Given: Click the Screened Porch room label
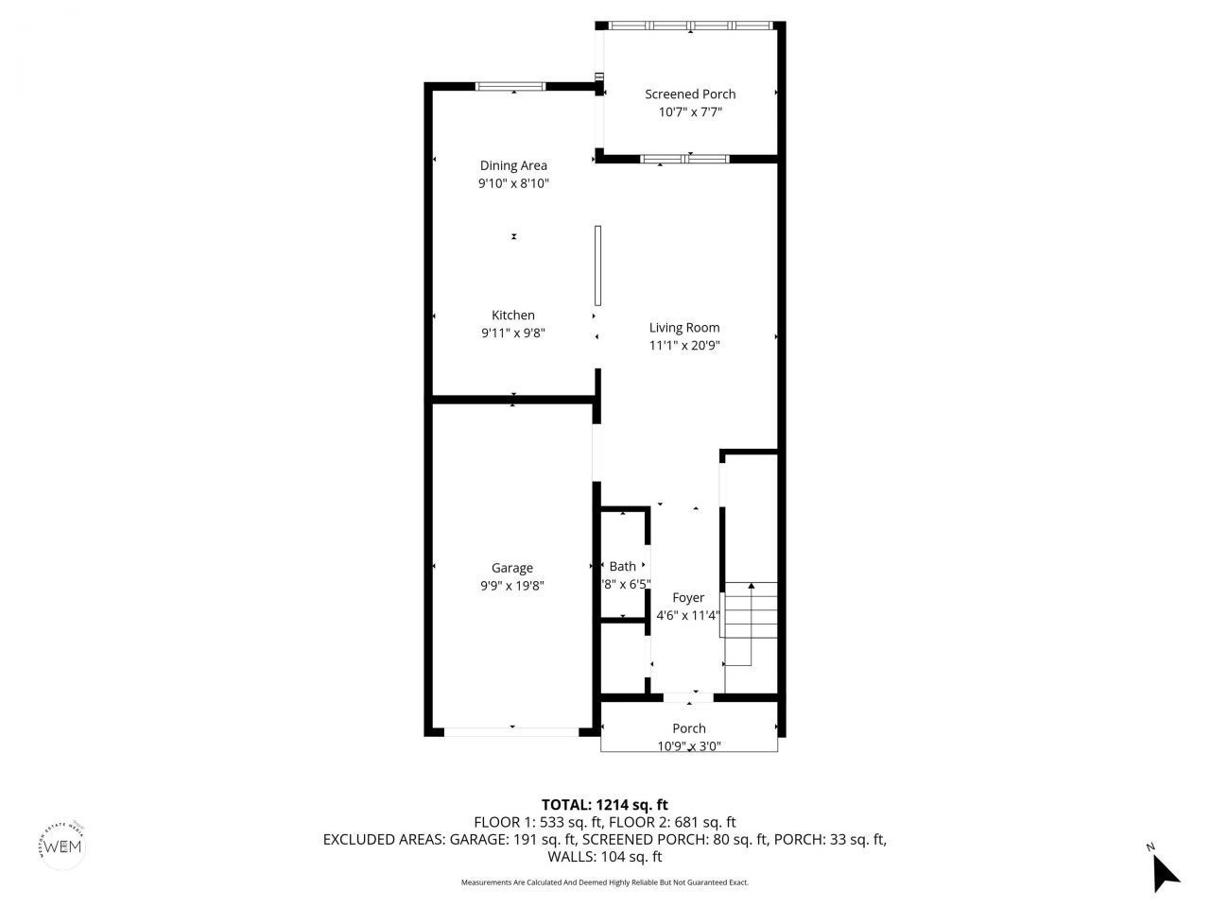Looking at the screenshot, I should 690,94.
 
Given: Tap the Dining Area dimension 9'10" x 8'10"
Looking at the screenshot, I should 513,183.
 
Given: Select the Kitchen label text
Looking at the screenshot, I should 513,316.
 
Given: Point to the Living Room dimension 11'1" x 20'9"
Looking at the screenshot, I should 684,346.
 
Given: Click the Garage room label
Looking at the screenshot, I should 512,568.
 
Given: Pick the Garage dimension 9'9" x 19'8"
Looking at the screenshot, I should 512,586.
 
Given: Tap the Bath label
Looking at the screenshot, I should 623,567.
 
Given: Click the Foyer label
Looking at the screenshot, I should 688,598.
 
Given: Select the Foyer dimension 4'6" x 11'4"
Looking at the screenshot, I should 688,616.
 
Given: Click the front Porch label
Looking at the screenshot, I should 689,728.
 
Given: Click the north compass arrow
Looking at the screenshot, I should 1165,870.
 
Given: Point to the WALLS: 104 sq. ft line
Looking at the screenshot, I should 605,858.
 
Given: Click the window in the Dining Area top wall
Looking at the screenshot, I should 510,87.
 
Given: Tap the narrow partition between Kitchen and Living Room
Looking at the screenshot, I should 598,265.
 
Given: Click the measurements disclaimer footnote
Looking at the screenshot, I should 605,882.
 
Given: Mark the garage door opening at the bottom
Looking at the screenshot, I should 511,731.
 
